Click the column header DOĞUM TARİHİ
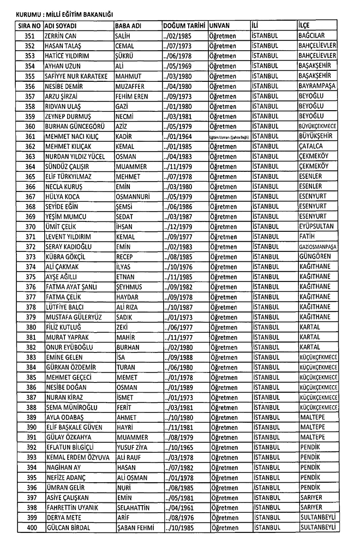point(184,26)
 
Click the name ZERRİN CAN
point(61,35)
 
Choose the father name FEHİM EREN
point(133,96)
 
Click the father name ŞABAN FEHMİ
point(135,527)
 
